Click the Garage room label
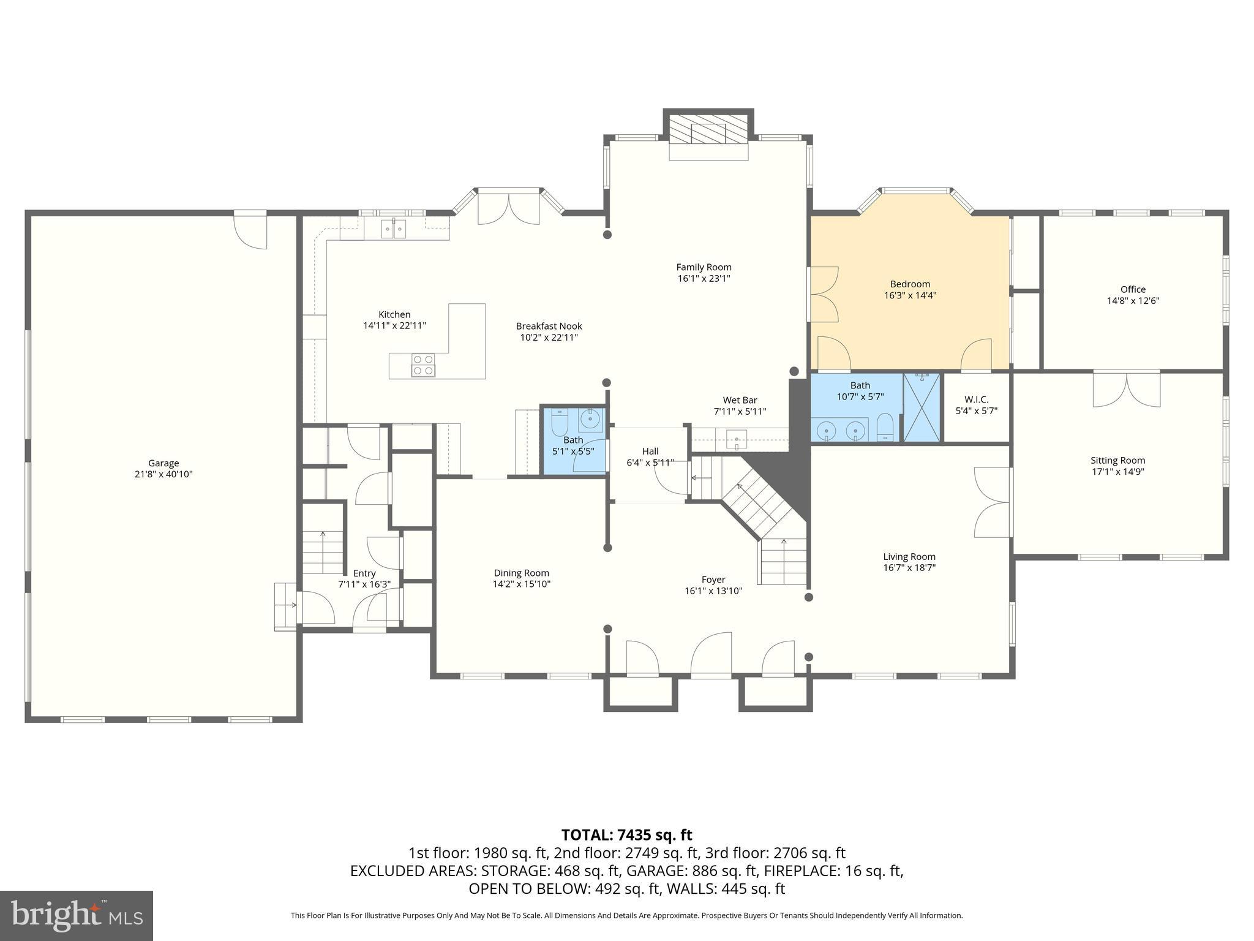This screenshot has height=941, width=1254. (163, 463)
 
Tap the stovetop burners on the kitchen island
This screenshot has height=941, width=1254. (422, 365)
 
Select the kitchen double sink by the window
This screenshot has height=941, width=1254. (394, 229)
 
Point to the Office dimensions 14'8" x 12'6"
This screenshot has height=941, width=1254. (1133, 301)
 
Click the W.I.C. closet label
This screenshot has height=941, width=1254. (976, 399)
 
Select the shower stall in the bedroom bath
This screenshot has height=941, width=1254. (922, 407)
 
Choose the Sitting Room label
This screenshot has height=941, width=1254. (1117, 461)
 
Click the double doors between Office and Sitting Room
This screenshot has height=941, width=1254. (1127, 390)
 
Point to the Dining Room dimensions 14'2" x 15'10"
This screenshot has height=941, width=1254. (522, 584)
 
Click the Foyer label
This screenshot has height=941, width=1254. (713, 580)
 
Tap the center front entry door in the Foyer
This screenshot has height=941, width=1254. (711, 656)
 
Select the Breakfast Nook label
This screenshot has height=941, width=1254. (549, 326)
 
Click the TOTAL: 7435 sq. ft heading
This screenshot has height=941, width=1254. (626, 835)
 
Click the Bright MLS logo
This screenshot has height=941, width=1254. (77, 915)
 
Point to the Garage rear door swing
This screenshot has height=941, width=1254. (251, 232)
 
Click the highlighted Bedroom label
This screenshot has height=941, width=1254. (910, 284)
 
